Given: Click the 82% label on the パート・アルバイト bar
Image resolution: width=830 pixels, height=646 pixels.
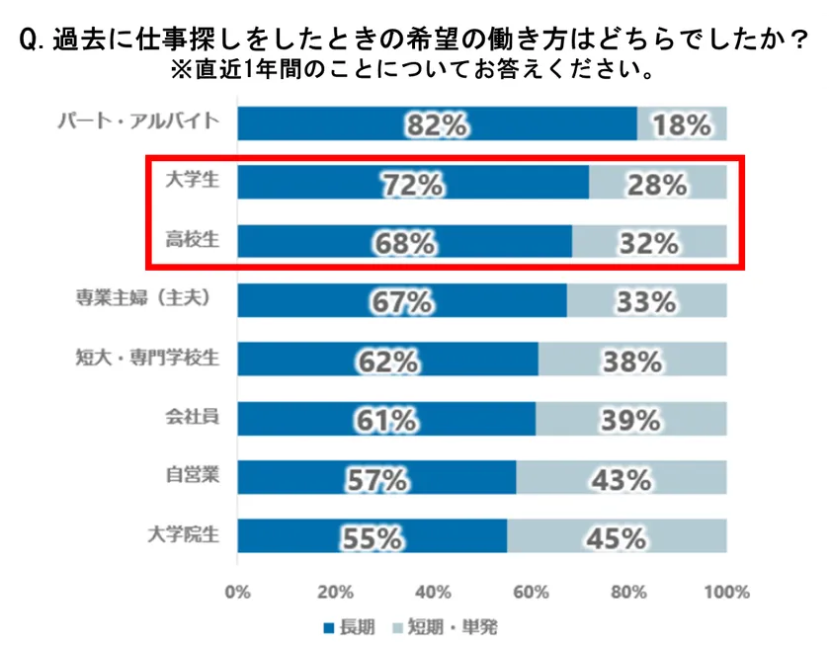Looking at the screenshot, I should pos(435,124).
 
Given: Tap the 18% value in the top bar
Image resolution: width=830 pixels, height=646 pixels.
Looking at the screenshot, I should pos(681,124).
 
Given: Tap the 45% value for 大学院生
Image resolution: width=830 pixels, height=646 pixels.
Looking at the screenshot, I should pos(617,538).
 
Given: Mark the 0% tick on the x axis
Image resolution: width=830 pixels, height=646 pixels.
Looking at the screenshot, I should pos(238,593).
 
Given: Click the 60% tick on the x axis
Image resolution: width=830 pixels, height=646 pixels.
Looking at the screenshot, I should pos(531,593).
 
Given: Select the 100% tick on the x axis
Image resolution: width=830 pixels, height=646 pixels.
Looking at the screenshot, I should pos(726,593).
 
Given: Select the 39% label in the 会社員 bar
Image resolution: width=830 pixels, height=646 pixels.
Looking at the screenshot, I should pos(629,421).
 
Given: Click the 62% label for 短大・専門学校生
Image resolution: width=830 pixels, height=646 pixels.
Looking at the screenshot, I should pos(385,362).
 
